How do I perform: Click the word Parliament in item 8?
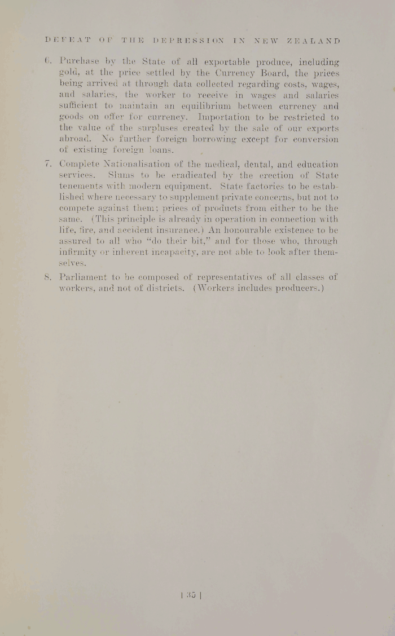84,277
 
